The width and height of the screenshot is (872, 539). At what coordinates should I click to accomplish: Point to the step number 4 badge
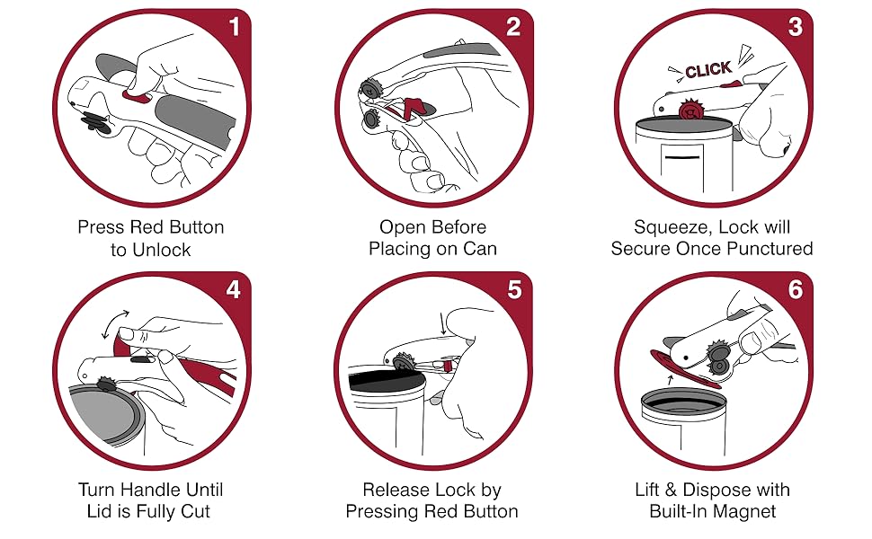point(235,289)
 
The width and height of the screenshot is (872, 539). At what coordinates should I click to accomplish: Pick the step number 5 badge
point(513,289)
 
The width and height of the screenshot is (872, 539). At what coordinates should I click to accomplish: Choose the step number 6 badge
point(794,289)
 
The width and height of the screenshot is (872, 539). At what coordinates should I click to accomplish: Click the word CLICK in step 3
point(708,70)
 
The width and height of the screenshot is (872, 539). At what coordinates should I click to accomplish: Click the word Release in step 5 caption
point(396,490)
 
